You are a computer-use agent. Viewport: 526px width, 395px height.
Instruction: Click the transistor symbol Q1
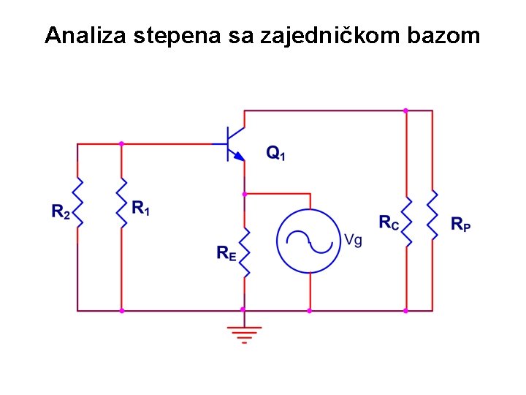point(234,143)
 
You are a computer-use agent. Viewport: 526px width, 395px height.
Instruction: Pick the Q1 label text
point(275,153)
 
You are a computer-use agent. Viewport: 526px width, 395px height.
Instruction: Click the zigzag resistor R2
point(77,203)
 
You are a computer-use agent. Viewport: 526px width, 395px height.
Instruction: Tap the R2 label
point(61,212)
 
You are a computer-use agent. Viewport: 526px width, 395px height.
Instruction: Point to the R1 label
point(140,208)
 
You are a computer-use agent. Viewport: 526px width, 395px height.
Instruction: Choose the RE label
point(226,253)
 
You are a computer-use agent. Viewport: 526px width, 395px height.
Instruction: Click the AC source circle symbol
point(309,238)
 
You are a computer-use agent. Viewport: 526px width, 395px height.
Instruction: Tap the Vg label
point(353,239)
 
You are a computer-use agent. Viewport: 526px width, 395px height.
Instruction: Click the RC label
point(389,222)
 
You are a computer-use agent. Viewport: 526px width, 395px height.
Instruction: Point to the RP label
point(460,224)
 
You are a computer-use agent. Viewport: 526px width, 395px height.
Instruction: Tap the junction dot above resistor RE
point(244,194)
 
